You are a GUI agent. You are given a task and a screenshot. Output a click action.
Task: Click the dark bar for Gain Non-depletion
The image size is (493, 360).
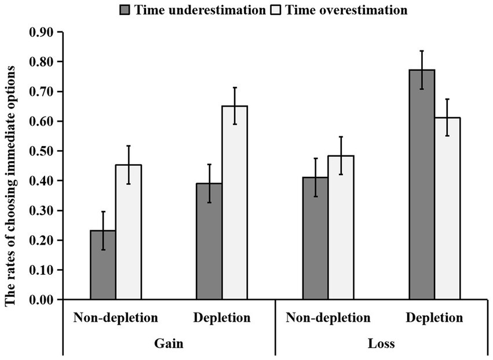103,265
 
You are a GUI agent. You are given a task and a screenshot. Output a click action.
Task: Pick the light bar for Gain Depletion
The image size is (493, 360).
235,203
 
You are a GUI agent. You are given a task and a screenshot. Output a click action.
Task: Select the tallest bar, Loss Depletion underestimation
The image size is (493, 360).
422,185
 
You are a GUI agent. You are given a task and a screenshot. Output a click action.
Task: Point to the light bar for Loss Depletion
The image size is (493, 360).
447,209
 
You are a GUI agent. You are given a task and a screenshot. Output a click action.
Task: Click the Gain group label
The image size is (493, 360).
169,344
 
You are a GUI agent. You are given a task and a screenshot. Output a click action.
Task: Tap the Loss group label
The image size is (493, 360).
381,344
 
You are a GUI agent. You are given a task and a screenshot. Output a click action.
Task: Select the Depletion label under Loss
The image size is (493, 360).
434,318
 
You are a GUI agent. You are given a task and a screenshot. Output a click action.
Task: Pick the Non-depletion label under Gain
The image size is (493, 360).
116,318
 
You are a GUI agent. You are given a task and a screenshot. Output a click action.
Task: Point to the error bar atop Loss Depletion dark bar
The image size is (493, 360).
422,70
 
